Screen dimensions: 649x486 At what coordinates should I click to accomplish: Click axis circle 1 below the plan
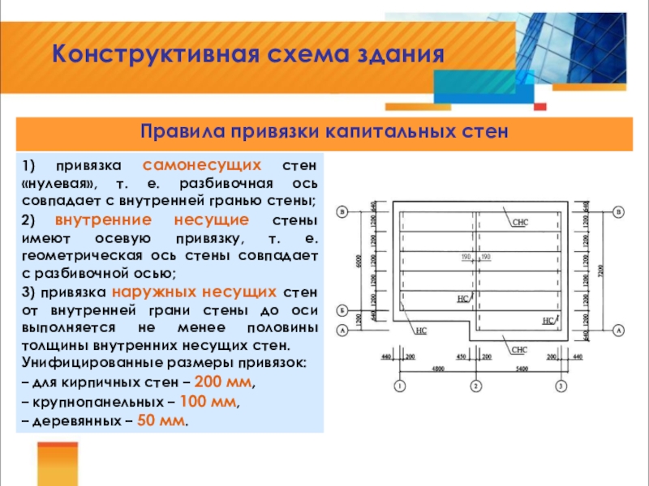(399, 385)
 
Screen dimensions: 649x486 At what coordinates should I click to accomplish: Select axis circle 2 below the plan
(476, 385)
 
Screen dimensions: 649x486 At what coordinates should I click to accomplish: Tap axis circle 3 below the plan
(562, 385)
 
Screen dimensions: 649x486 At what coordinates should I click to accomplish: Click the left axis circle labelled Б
(342, 310)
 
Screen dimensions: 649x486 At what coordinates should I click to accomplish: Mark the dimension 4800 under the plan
(436, 368)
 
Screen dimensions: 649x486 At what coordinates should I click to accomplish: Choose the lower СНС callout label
(520, 349)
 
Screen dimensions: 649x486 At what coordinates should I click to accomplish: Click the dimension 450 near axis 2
(461, 356)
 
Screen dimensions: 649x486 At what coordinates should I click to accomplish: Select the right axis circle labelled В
(619, 212)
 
